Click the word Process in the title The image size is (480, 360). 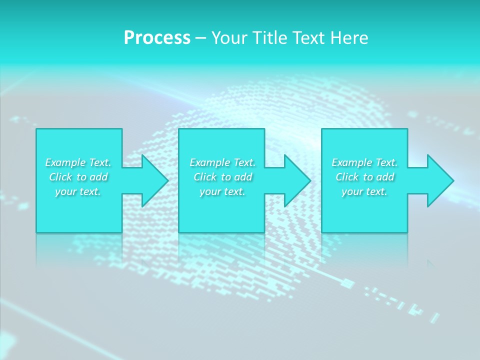[157, 38]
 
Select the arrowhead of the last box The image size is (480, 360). [439, 180]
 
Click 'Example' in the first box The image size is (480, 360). [65, 162]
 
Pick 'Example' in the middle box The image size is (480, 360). [210, 162]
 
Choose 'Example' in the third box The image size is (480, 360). [352, 162]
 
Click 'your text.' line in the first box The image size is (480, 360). [78, 191]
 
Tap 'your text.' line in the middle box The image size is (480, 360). [222, 191]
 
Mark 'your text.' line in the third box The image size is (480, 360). [364, 191]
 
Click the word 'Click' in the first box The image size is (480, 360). [60, 177]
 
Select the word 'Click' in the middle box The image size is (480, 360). [205, 177]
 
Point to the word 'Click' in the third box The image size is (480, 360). [347, 177]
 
